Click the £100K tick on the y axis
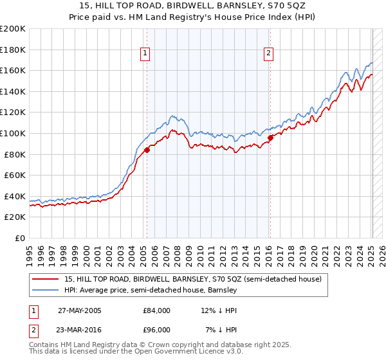coord(13,133)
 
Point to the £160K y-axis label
coord(13,70)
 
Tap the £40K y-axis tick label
coord(15,196)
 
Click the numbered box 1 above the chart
coord(146,54)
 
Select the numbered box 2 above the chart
coord(268,54)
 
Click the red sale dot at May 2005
coord(147,150)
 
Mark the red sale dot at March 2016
coord(270,137)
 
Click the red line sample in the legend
coord(45,279)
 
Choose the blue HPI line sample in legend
coord(45,290)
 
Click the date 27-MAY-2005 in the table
coord(80,310)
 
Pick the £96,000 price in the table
coord(156,330)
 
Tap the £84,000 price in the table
coord(156,310)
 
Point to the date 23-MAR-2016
coord(80,330)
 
